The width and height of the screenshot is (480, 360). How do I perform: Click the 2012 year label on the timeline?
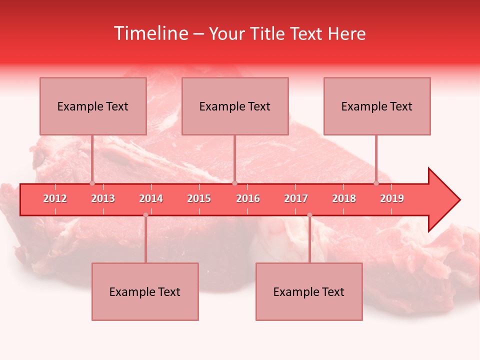click(x=55, y=198)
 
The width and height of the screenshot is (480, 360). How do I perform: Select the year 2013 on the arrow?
click(x=103, y=198)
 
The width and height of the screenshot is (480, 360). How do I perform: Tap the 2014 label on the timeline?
click(x=151, y=198)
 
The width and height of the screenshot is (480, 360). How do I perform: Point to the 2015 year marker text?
click(x=199, y=198)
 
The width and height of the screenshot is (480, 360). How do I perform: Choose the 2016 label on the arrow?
click(x=248, y=198)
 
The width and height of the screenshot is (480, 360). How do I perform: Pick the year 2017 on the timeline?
click(x=296, y=198)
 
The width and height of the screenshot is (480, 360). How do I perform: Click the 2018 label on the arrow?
click(x=344, y=198)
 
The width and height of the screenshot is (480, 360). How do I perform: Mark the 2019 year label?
click(x=392, y=198)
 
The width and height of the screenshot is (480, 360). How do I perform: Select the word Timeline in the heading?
click(x=150, y=33)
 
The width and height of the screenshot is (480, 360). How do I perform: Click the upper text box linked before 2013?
click(x=93, y=106)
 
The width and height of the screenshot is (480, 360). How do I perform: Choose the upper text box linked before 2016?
click(x=235, y=106)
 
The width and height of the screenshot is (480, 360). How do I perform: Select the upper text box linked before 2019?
click(x=377, y=106)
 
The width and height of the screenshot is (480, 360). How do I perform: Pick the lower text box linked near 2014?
click(x=145, y=291)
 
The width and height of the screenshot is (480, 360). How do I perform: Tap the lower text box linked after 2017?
click(x=309, y=291)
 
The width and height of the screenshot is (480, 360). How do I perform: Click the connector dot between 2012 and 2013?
click(x=92, y=183)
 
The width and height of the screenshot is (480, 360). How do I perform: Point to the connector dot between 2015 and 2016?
click(x=234, y=183)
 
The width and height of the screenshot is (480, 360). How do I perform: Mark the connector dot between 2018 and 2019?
click(x=376, y=183)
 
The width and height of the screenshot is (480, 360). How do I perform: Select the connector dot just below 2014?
click(x=145, y=215)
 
